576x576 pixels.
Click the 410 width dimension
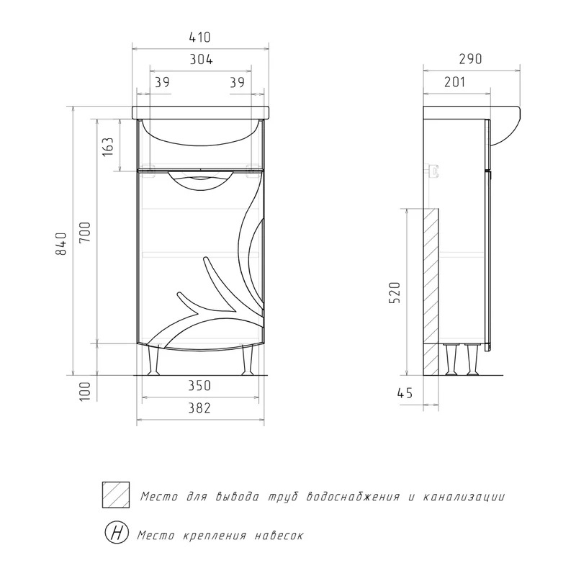point(200,37)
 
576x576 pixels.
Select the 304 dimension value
point(201,60)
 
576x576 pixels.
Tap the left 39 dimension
point(162,82)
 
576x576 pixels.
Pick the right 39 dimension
point(238,82)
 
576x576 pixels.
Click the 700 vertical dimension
point(85,232)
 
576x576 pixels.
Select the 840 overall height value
point(61,244)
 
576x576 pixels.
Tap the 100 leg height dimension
point(85,392)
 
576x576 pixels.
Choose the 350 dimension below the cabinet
point(199,386)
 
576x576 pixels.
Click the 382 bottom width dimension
point(199,408)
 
